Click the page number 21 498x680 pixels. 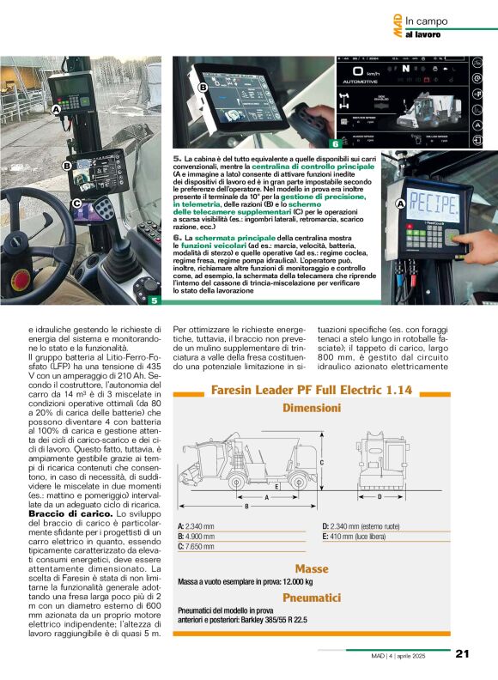[x=461, y=653]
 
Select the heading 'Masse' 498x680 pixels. [x=313, y=568]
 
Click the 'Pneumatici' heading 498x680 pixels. [x=313, y=595]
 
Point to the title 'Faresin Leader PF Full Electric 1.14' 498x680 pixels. [x=312, y=391]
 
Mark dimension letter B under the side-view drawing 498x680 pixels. [x=246, y=507]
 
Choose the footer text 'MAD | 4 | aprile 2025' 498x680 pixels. [x=407, y=654]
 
